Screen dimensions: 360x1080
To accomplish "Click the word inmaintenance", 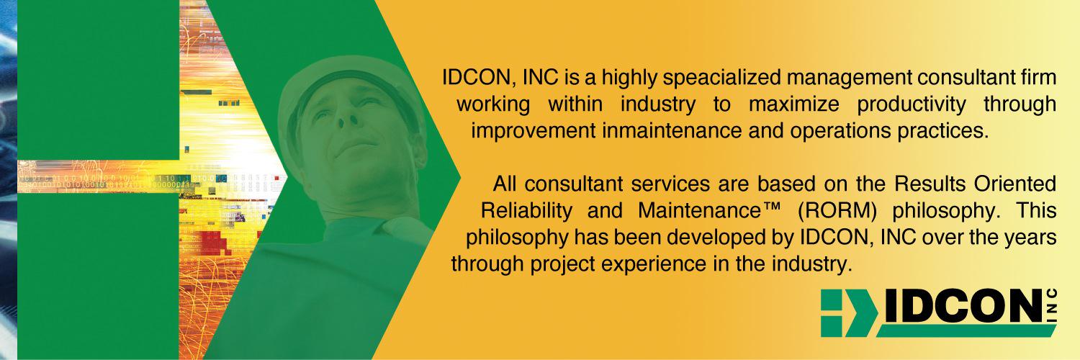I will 662,131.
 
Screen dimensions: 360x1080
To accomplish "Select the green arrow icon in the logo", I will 845,313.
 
